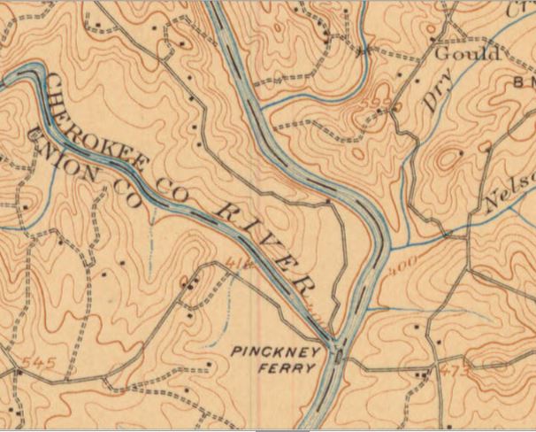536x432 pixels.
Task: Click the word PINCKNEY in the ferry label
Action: point(269,351)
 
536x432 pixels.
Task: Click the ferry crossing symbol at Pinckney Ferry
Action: point(339,356)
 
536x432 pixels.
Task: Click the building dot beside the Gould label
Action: point(433,41)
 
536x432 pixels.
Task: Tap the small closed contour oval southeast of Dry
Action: point(451,158)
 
